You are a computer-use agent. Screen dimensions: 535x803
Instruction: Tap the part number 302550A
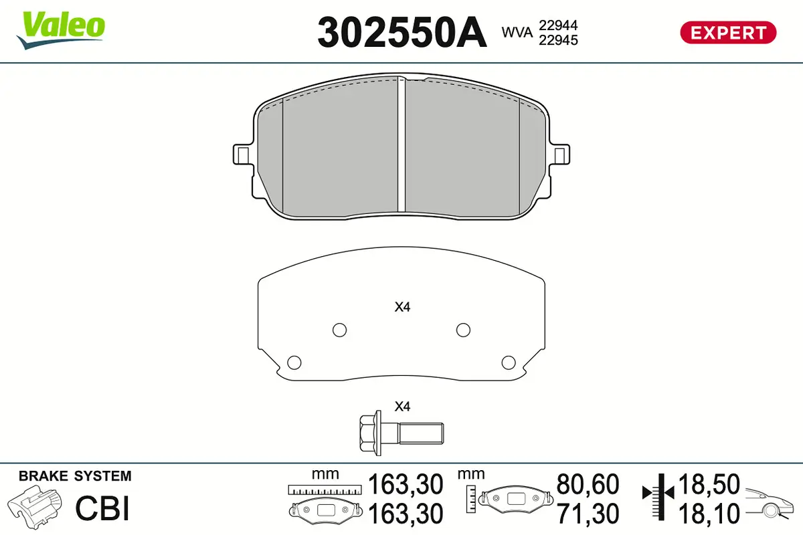[401, 31]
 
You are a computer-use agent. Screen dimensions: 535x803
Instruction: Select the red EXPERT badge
[728, 32]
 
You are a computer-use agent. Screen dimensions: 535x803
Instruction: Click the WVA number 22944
[557, 25]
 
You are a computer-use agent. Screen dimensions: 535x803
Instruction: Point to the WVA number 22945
[557, 39]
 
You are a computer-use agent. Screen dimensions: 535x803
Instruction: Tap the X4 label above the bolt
[401, 406]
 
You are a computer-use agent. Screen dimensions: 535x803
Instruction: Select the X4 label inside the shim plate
[401, 308]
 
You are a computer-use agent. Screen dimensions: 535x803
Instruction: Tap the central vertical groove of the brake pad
[402, 144]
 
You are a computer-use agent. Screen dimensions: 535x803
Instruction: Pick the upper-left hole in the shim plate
[340, 330]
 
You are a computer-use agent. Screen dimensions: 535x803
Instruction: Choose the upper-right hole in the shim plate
[462, 330]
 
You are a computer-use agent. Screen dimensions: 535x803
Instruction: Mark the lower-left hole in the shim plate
[293, 362]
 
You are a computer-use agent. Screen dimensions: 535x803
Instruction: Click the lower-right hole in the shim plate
[509, 362]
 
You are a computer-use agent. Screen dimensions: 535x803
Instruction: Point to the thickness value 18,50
[709, 484]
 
